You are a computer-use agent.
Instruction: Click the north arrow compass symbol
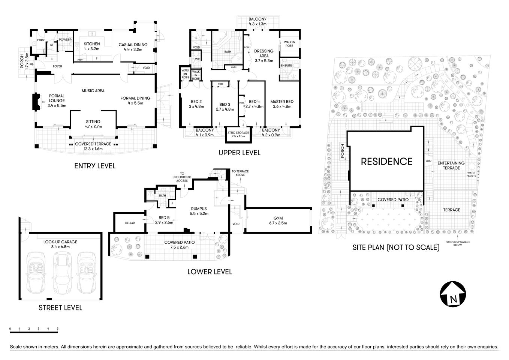point(453,294)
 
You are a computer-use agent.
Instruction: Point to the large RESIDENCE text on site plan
point(386,161)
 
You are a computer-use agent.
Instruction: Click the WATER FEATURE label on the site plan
point(471,174)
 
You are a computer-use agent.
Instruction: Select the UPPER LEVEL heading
point(240,153)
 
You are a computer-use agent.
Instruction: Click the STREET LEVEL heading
point(60,308)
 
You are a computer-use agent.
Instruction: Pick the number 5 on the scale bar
point(57,329)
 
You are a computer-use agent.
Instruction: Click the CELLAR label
point(129,223)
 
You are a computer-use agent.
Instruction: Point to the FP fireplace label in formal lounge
point(43,102)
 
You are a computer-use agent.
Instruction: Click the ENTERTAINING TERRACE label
point(451,165)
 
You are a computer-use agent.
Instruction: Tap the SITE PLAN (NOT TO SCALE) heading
point(396,247)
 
